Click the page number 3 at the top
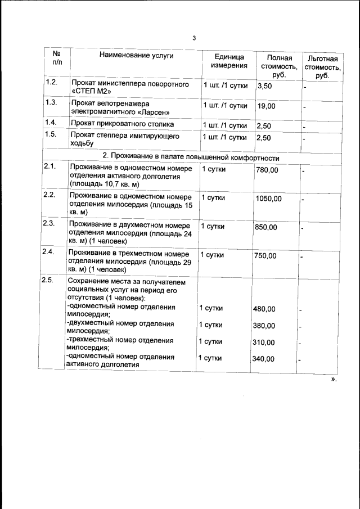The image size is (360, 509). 194,38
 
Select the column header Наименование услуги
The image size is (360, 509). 136,55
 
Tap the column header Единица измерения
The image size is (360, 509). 229,61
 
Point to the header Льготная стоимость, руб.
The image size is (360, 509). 322,67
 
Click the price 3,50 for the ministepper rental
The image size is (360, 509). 264,87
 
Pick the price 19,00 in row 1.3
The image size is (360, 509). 266,106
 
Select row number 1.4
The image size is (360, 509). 51,123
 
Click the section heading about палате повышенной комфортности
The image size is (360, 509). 191,155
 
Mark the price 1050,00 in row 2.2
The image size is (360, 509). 269,199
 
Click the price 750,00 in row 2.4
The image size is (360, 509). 265,255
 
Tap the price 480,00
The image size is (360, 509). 264,309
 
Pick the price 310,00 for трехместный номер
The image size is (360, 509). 264,343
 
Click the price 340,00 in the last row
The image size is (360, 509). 264,359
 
